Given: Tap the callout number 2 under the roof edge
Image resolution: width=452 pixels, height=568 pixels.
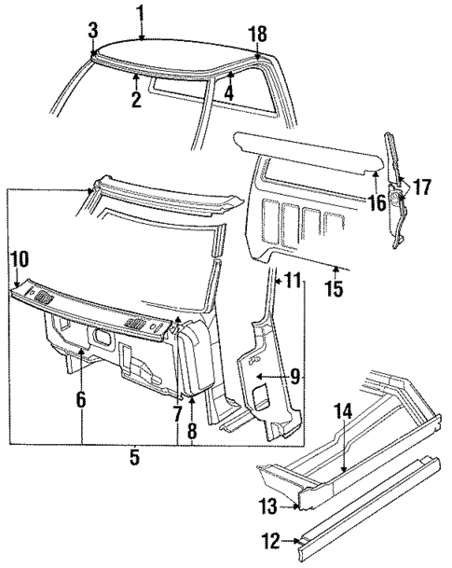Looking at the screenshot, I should click(x=136, y=100).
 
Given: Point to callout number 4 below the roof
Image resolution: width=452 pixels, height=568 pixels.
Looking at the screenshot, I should click(x=227, y=92).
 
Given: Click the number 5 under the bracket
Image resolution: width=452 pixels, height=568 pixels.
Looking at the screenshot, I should click(x=134, y=459).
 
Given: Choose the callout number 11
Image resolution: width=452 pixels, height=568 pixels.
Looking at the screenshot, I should click(x=293, y=280).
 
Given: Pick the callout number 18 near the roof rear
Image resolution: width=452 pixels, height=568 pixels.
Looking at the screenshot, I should click(x=258, y=34).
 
